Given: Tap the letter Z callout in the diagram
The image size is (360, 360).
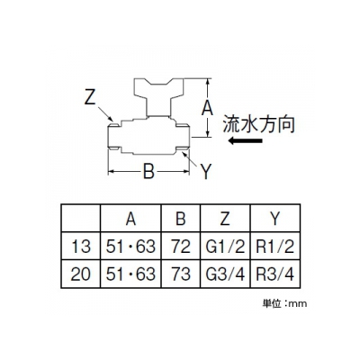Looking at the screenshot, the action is (x=90, y=96).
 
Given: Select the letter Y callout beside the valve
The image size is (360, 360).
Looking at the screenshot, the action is (x=206, y=172).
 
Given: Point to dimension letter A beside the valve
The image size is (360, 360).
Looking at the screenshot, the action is (x=207, y=108).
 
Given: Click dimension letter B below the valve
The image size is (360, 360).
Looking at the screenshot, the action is (x=148, y=172).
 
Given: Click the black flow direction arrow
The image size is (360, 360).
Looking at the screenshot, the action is (x=246, y=140).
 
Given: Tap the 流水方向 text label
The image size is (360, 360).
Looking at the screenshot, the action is (x=258, y=124).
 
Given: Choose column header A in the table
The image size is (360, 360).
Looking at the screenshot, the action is (x=130, y=219).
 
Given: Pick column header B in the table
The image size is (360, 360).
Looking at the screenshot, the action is (x=181, y=219).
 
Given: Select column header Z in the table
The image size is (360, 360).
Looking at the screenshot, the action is (x=225, y=219).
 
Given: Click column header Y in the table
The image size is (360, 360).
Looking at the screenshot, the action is (x=275, y=219).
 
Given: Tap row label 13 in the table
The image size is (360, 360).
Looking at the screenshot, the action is (x=81, y=247).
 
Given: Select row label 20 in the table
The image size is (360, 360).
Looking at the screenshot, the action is (x=80, y=274).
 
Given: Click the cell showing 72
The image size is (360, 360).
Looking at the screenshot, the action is (x=181, y=247).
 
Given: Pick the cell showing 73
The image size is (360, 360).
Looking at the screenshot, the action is (x=181, y=274).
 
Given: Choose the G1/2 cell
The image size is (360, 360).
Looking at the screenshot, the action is (x=225, y=247).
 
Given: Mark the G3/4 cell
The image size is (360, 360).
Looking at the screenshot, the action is (x=225, y=274).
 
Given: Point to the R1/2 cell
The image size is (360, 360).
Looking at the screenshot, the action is (x=275, y=247).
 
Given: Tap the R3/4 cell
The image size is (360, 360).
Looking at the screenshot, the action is (x=275, y=274).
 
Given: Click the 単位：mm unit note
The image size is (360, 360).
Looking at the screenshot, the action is (x=284, y=303).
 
